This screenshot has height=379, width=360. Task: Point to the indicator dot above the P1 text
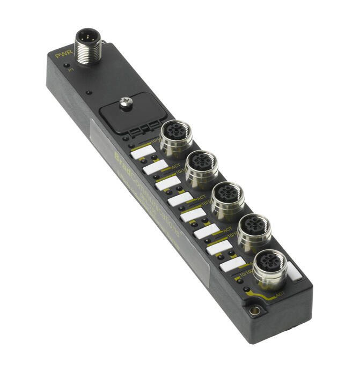67,65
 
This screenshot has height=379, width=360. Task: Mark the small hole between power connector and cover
89,92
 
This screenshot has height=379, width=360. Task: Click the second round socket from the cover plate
201,164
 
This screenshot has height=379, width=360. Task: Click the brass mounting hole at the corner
255,310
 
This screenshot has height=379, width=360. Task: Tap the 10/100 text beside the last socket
246,273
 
